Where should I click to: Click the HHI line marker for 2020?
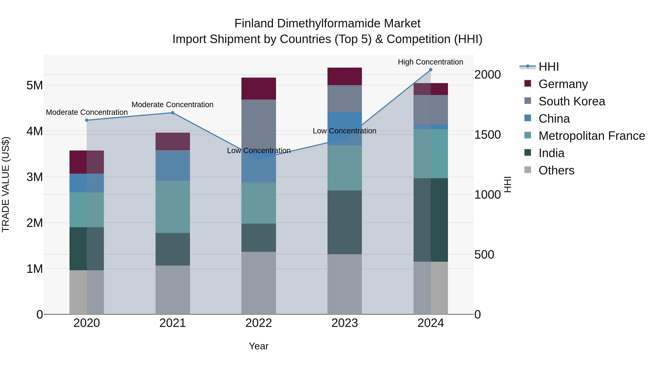(87, 120)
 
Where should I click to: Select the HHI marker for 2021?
(173, 113)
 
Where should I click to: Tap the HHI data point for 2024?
(431, 70)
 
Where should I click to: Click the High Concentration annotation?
(430, 62)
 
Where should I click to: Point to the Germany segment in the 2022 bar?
(259, 88)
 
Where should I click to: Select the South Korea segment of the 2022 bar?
(259, 122)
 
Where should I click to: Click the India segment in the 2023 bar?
(345, 222)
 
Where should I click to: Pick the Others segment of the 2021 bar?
(173, 290)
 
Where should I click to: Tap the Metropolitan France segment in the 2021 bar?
(173, 207)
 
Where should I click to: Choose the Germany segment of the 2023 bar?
(345, 76)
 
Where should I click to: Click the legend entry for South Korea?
(572, 101)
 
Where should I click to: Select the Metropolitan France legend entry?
(592, 136)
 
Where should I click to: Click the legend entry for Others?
(556, 170)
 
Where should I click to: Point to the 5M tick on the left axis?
(35, 85)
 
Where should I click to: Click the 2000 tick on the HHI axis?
(487, 75)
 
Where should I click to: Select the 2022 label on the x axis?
(259, 323)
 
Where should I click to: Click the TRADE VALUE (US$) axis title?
(6, 184)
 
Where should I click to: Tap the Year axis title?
(259, 346)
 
